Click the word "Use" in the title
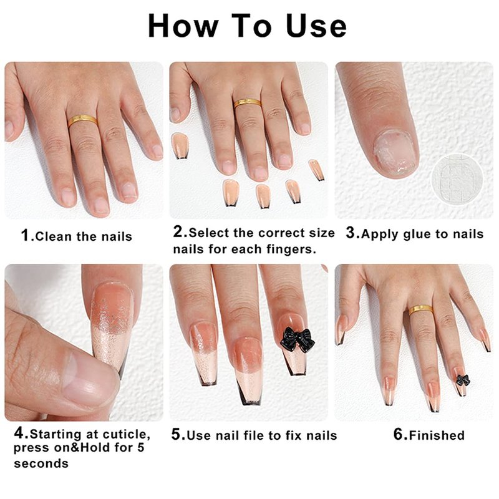click(x=316, y=26)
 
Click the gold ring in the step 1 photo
click(x=83, y=120)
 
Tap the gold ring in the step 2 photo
click(x=248, y=103)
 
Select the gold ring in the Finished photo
click(x=421, y=309)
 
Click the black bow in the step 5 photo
click(x=298, y=339)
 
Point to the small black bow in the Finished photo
click(x=463, y=380)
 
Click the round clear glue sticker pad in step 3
click(x=458, y=179)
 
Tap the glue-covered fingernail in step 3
click(x=395, y=152)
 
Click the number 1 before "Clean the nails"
click(x=25, y=236)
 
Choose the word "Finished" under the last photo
click(x=437, y=435)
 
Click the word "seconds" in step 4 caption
click(x=41, y=463)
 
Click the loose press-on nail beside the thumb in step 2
click(x=180, y=145)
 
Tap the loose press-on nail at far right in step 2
click(x=317, y=170)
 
